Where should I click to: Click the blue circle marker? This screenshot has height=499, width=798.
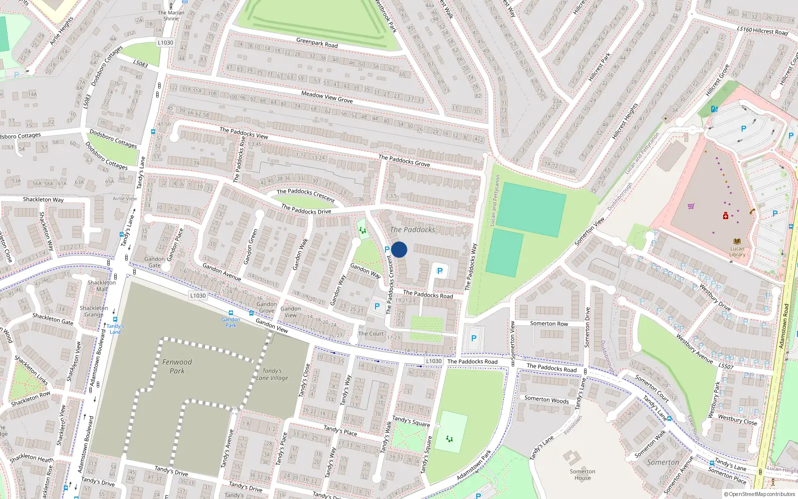coord(399,249)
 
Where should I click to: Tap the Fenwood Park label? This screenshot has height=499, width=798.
coord(177,366)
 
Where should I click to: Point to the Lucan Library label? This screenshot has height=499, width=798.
coord(737,251)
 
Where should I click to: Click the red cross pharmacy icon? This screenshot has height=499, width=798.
coord(726,216)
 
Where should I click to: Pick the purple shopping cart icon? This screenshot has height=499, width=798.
coord(691,206)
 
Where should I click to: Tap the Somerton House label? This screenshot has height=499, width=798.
coord(583,475)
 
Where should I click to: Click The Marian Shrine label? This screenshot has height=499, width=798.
coord(171,15)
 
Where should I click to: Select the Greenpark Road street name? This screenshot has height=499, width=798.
coord(317,43)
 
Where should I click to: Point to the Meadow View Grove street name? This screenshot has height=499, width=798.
coord(327,97)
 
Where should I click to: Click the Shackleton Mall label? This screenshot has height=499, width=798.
coord(102,285)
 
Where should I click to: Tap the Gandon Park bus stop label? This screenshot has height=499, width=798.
coord(230,322)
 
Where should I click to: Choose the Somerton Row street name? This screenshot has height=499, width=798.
coord(549,324)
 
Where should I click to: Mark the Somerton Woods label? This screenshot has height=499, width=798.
coord(546,400)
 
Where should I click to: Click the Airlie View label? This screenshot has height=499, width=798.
coord(125,199)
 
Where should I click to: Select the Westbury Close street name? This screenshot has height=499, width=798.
coord(737,420)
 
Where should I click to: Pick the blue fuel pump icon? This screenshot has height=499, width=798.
coord(714,109)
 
